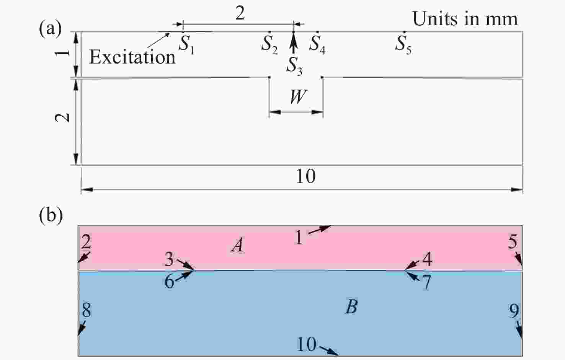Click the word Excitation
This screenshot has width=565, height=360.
(x=132, y=57)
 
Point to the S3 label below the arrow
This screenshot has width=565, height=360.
(x=294, y=67)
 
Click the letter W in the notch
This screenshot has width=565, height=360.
(x=299, y=96)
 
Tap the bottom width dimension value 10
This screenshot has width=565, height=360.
(x=305, y=176)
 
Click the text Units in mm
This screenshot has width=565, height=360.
(x=465, y=19)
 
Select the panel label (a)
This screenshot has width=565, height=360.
(x=50, y=28)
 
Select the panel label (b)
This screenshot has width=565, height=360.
(x=51, y=215)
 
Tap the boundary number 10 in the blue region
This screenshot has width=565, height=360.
(x=306, y=344)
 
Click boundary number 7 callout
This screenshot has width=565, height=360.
(x=426, y=282)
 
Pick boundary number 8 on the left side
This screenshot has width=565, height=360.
(x=86, y=310)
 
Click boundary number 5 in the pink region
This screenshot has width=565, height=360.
(x=513, y=241)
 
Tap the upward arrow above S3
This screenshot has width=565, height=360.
(x=293, y=42)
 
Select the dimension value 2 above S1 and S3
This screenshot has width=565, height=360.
(x=240, y=13)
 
